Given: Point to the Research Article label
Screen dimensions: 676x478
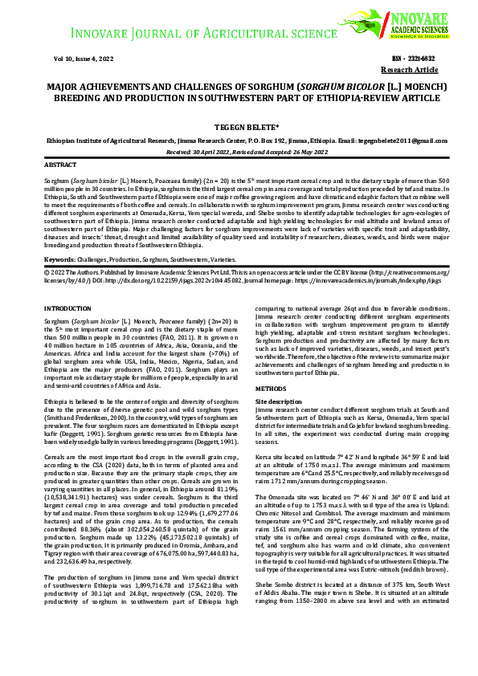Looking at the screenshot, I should tap(415, 70).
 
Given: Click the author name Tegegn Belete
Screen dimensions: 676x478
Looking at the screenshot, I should tap(239, 126).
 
